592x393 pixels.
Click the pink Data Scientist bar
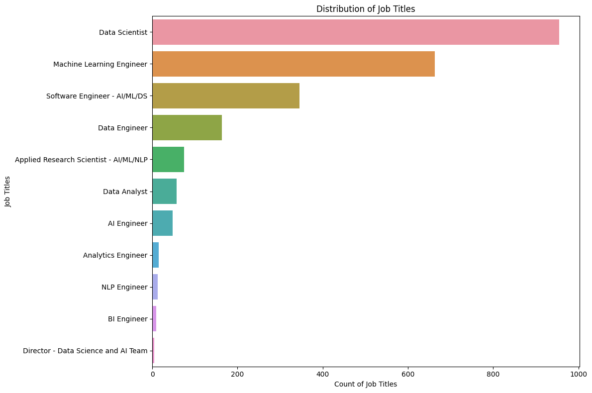point(355,32)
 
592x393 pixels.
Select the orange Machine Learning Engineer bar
point(293,64)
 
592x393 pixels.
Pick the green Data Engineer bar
point(187,128)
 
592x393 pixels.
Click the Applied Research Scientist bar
point(168,160)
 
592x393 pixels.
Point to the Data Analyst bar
point(164,192)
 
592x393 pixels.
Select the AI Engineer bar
point(162,223)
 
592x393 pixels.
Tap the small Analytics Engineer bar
point(155,255)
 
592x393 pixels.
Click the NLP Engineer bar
point(155,287)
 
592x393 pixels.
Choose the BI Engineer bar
point(154,319)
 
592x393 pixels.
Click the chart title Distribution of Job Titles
point(366,8)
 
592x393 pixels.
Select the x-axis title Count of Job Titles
point(366,384)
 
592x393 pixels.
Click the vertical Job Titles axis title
point(7,192)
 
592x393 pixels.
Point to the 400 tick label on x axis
point(323,373)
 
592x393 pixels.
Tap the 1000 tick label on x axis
point(579,373)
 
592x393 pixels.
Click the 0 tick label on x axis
point(152,373)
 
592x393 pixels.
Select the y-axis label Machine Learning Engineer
point(100,64)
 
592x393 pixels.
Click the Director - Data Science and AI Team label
point(85,351)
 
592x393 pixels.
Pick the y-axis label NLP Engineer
point(124,287)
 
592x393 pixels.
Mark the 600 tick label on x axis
point(408,373)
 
